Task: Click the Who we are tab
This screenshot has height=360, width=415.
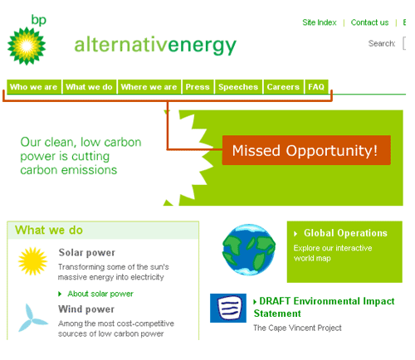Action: tap(33, 87)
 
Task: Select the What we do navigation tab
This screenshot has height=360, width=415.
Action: tap(89, 87)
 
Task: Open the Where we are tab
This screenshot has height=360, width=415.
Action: tap(149, 87)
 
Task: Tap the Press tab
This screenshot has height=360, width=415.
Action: tap(198, 87)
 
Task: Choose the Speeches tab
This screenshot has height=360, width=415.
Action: tap(238, 87)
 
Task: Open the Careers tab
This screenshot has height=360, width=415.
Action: tap(283, 87)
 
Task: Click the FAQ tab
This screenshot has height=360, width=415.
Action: tap(315, 87)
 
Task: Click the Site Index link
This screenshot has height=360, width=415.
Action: tap(320, 22)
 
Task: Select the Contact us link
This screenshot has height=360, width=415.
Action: tap(369, 22)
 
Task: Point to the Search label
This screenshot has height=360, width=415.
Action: tap(382, 43)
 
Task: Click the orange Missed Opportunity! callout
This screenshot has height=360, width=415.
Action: tap(305, 151)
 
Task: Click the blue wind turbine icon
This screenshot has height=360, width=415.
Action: tap(34, 317)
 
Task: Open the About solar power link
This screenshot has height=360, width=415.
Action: tap(100, 294)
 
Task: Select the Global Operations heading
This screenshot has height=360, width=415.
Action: tap(345, 233)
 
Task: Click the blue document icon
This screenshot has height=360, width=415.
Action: tap(228, 309)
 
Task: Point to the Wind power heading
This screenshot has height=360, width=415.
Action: tap(86, 309)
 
